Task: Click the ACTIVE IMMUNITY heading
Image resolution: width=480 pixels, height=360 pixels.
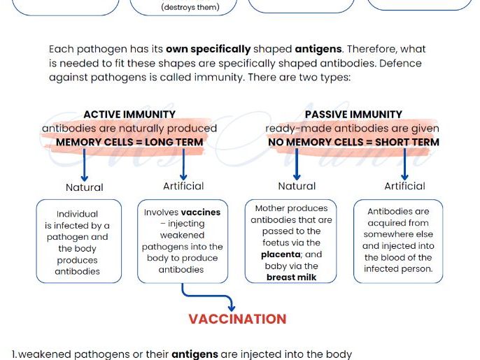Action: [x=129, y=114]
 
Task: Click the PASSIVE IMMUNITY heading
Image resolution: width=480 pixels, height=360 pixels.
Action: [x=353, y=114]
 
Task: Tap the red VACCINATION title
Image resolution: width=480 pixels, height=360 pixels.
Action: [x=237, y=319]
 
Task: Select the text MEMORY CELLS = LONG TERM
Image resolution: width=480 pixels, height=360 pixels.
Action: [x=129, y=142]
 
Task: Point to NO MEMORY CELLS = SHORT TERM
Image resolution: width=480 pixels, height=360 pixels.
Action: [x=353, y=142]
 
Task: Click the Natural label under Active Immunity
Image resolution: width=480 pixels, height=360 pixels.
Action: [x=85, y=187]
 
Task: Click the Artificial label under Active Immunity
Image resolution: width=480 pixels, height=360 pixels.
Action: [x=183, y=186]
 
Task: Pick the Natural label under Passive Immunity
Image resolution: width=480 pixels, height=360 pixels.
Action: [x=297, y=186]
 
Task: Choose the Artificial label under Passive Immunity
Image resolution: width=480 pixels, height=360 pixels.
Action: [x=404, y=186]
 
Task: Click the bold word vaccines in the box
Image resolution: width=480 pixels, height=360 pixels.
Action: [x=201, y=212]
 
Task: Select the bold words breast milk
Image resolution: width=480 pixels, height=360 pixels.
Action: [x=291, y=277]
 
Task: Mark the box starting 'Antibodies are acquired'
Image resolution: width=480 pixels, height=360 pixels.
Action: [x=398, y=240]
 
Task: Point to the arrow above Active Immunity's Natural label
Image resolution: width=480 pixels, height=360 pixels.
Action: [x=85, y=166]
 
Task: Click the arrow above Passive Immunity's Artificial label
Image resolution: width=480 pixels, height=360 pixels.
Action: [x=404, y=166]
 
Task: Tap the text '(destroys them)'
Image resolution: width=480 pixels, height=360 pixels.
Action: [x=190, y=8]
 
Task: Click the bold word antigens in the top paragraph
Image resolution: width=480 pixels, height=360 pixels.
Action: [x=318, y=50]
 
